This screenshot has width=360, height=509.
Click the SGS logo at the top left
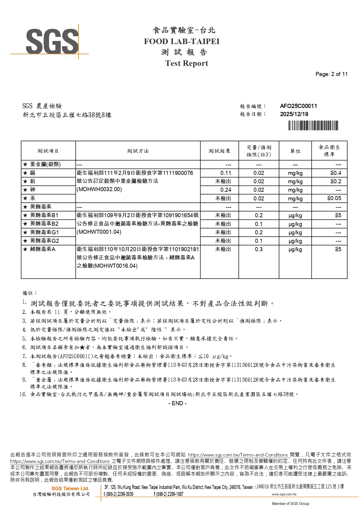[x=52, y=41]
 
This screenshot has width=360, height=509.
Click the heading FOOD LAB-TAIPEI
[x=182, y=41]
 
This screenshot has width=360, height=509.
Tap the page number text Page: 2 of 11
[x=331, y=74]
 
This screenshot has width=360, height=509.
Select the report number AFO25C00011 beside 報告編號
[x=298, y=106]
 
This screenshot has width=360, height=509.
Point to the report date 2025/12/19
[x=294, y=114]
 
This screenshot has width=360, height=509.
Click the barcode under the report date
[x=313, y=126]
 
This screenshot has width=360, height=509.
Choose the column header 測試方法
[x=138, y=151]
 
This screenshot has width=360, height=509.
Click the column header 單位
[x=295, y=151]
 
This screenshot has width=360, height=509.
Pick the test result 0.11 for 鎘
[x=226, y=173]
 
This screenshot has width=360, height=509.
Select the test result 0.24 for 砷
[x=226, y=190]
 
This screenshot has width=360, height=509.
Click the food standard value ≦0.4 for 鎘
[x=336, y=173]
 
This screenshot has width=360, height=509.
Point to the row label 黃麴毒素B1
[x=44, y=215]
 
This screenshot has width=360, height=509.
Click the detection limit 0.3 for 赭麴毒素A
[x=259, y=249]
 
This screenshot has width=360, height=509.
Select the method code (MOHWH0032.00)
[x=99, y=189]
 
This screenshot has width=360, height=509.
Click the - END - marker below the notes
[x=178, y=403]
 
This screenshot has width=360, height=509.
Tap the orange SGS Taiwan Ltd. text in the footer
[x=70, y=488]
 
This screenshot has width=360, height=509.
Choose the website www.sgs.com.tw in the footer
[x=284, y=494]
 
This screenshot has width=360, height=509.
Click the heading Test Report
[x=187, y=63]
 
